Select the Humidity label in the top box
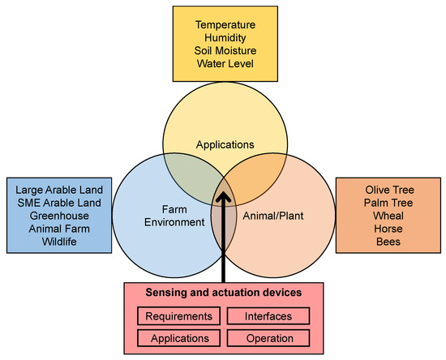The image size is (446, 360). pyautogui.click(x=223, y=38)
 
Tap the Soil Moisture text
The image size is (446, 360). pyautogui.click(x=223, y=51)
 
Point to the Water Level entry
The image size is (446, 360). pyautogui.click(x=223, y=64)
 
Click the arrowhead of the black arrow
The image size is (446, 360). pyautogui.click(x=224, y=195)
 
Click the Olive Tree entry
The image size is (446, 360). pyautogui.click(x=388, y=190)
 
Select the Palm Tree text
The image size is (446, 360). pyautogui.click(x=388, y=203)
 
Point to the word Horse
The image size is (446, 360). pyautogui.click(x=388, y=229)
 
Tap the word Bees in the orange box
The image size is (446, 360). pyautogui.click(x=388, y=242)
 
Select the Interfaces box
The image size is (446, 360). pyautogui.click(x=267, y=315)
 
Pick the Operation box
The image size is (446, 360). pyautogui.click(x=267, y=337)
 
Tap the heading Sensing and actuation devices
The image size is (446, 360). pyautogui.click(x=223, y=294)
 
